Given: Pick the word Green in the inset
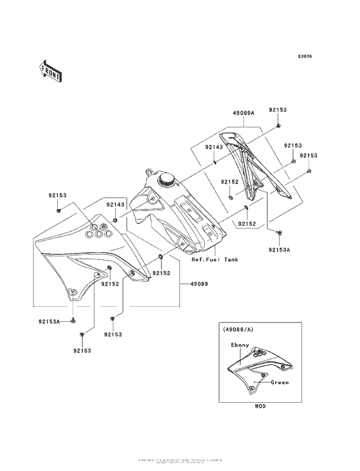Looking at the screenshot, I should click(x=279, y=382).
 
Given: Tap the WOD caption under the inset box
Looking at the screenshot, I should click(x=259, y=407).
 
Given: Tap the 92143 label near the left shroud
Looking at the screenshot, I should click(x=115, y=204).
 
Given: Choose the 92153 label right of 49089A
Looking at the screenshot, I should click(x=277, y=111).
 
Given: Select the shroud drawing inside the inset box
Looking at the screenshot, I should click(x=251, y=369).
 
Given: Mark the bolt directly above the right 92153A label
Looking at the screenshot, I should click(x=279, y=231).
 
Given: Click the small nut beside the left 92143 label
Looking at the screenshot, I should click(x=114, y=219).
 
